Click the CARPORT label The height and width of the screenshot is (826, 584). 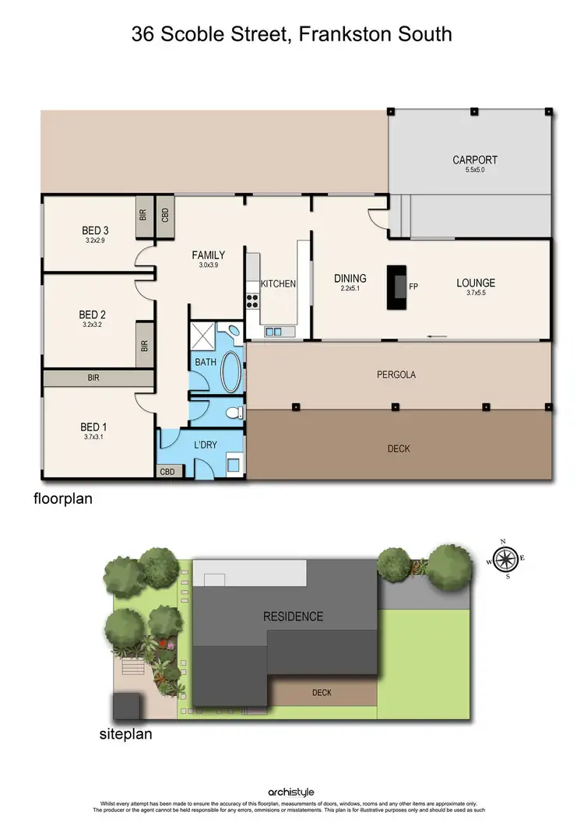tap(475, 160)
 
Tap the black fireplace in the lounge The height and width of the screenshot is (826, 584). tap(398, 288)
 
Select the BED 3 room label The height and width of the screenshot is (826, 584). tap(95, 230)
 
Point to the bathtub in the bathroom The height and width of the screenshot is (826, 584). tap(232, 372)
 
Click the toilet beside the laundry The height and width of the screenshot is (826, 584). tap(235, 412)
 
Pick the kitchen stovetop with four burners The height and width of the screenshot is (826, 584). tap(253, 300)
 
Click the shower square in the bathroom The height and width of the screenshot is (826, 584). tap(204, 336)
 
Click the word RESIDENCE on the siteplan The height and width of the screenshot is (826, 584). tap(293, 617)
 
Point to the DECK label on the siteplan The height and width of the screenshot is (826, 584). tap(322, 692)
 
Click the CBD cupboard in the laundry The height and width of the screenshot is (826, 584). tap(167, 472)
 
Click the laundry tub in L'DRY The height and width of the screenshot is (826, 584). tap(233, 466)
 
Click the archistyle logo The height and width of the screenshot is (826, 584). tap(291, 793)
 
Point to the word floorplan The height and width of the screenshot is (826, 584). tap(62, 498)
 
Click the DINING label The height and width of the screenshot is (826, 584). tap(350, 278)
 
